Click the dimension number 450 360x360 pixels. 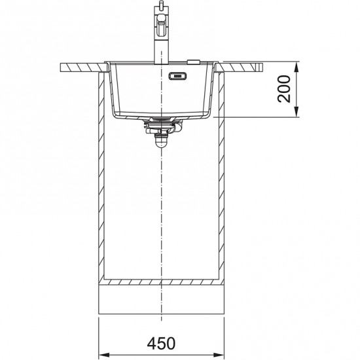(161, 343)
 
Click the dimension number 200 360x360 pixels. (284, 89)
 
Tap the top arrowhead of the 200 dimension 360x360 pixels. (297, 67)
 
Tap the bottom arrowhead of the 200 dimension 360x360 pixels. (297, 112)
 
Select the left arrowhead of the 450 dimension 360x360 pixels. (104, 355)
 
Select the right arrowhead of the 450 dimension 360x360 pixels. (219, 355)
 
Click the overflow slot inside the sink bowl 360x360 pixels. (177, 76)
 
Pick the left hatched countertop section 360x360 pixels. (84, 67)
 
